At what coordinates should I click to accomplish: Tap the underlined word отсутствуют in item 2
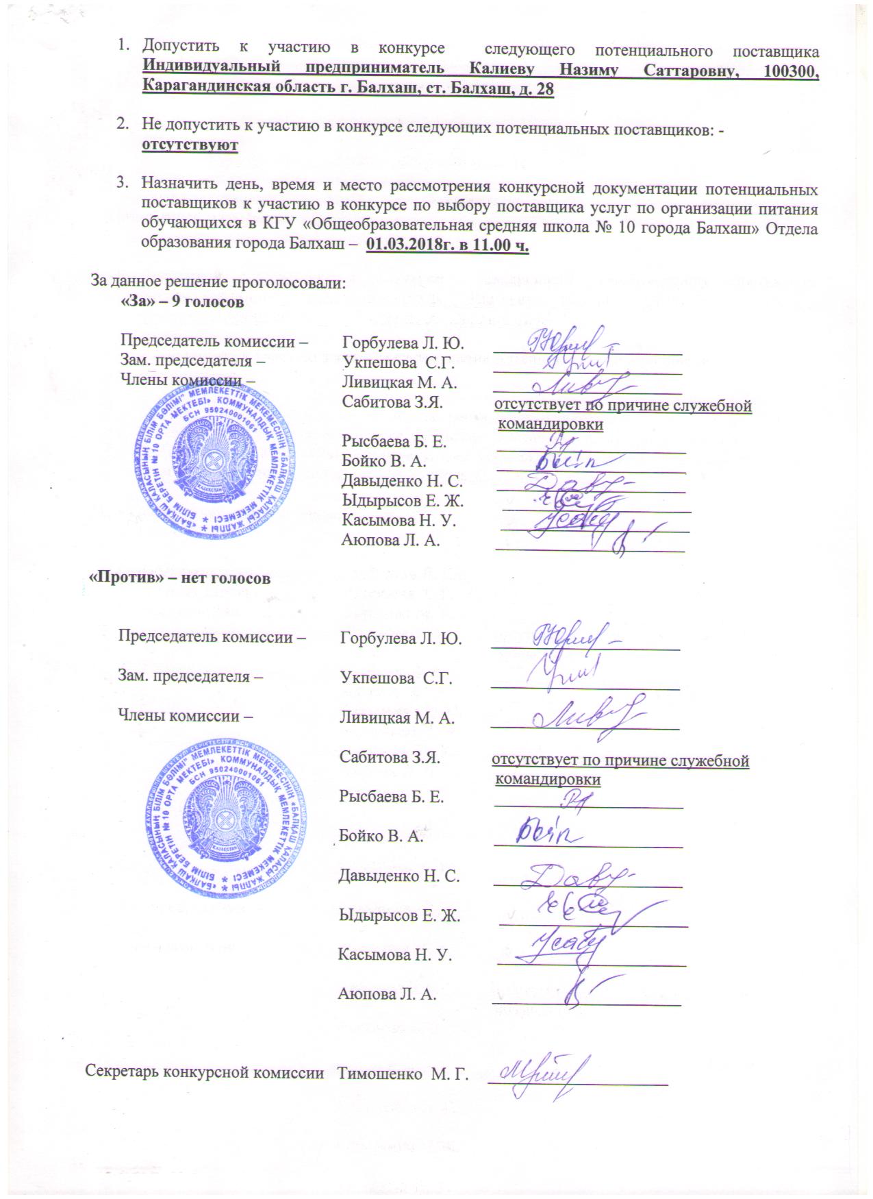[x=190, y=145]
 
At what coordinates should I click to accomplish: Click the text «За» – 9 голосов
[x=182, y=302]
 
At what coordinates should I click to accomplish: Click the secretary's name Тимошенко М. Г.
[x=403, y=1074]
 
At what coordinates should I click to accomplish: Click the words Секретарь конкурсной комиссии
[x=204, y=1072]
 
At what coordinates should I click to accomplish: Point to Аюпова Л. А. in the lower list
[x=388, y=994]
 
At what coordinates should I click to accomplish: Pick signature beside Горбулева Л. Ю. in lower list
[x=575, y=636]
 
